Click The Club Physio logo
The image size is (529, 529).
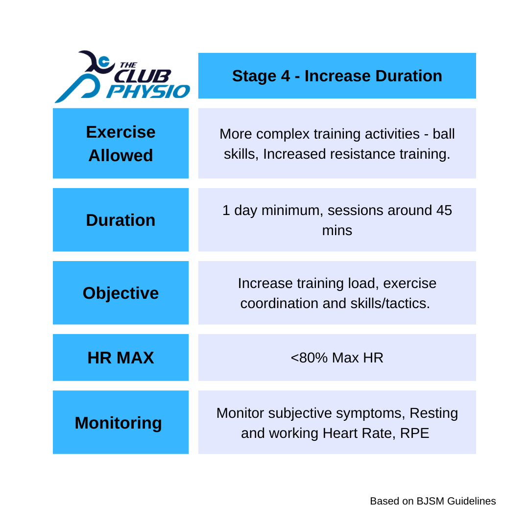[x=121, y=77]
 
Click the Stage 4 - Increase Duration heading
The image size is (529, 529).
[x=337, y=76]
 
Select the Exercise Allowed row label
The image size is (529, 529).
[x=120, y=144]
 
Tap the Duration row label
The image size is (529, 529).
[x=120, y=220]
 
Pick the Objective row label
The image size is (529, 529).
[x=120, y=293]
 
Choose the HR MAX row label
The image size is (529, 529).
[x=120, y=358]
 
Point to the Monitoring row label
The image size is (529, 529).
[x=118, y=423]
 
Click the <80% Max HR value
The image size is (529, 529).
[x=337, y=358]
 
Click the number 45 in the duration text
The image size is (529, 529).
[x=443, y=210]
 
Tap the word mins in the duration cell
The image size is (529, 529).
[x=337, y=230]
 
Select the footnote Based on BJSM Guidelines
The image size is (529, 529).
[x=433, y=501]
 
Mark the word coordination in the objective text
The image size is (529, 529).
[x=279, y=303]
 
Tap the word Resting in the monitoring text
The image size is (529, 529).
[x=433, y=413]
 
